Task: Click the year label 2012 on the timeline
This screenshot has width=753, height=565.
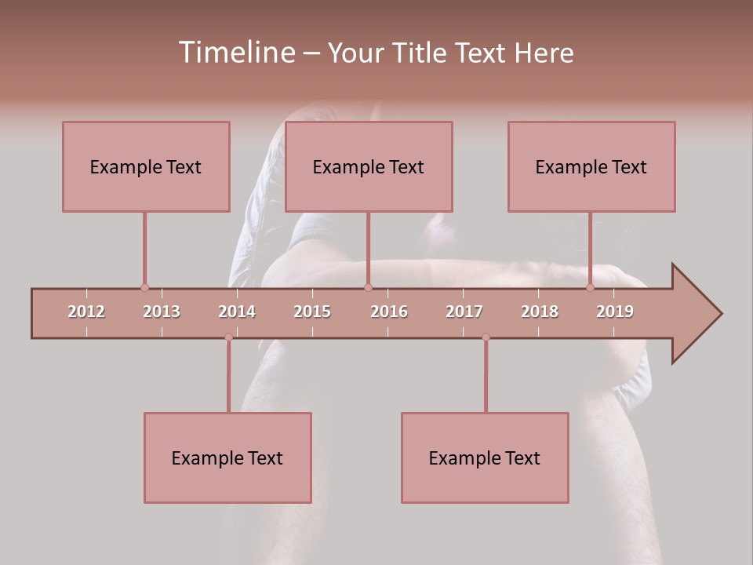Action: (86, 312)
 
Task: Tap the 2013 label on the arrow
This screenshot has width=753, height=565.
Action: (162, 312)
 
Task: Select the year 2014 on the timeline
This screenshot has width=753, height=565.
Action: (237, 312)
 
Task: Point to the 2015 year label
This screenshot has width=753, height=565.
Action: (312, 312)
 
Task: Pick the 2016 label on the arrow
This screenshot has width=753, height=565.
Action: (389, 312)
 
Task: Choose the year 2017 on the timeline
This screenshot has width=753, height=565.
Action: (464, 312)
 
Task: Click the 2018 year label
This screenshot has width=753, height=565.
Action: (540, 312)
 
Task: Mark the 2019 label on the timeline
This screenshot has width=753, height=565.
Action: (615, 312)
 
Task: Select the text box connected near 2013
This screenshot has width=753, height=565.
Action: (146, 166)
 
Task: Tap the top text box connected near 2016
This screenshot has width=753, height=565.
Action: (369, 166)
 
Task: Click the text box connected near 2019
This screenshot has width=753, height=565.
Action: (591, 166)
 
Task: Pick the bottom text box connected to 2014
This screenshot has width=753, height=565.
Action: (227, 457)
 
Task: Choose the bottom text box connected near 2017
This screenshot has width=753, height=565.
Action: (485, 457)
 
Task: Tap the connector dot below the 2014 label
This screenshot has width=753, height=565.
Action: (228, 337)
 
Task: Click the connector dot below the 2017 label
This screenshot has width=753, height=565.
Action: (486, 337)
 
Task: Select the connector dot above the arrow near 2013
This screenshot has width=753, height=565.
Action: (144, 287)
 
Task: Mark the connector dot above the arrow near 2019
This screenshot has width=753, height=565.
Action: (590, 287)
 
